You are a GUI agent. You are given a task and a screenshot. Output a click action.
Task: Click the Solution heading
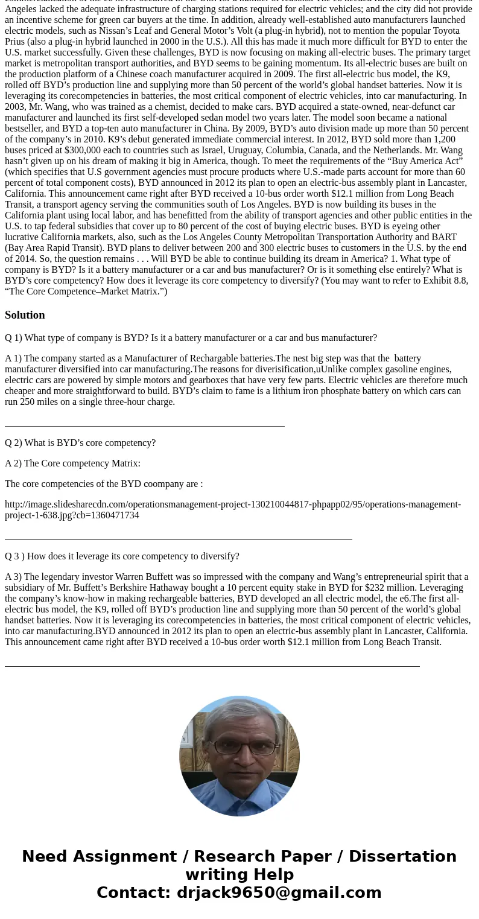pos(25,315)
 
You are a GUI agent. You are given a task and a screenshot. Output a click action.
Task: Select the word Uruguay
pos(244,150)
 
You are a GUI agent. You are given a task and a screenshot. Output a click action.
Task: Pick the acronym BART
pos(445,237)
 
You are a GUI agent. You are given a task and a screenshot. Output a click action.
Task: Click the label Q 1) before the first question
pos(13,338)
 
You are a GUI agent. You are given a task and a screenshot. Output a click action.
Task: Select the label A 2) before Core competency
pos(13,463)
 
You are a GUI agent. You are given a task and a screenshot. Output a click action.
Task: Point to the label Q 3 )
pos(14,556)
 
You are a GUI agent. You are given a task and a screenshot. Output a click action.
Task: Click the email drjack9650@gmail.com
pos(279,893)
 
